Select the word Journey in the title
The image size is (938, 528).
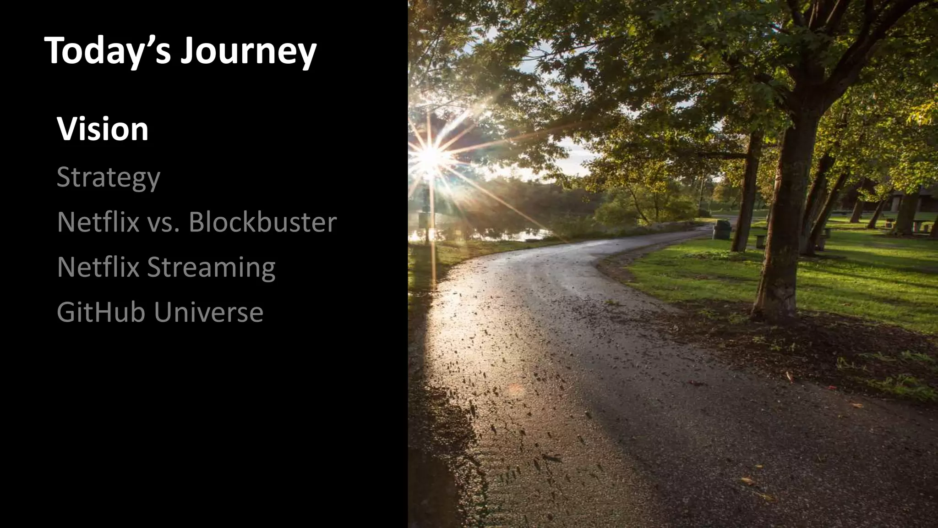(248, 51)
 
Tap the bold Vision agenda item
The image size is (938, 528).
(103, 129)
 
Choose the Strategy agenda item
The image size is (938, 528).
(108, 178)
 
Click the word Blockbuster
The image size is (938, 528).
(262, 222)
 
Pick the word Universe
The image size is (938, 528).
(208, 312)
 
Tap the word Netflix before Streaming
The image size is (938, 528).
(98, 267)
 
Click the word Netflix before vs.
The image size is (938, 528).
(98, 222)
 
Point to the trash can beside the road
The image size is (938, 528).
(722, 229)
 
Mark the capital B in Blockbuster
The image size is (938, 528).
(197, 222)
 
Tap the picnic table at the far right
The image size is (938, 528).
(921, 226)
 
